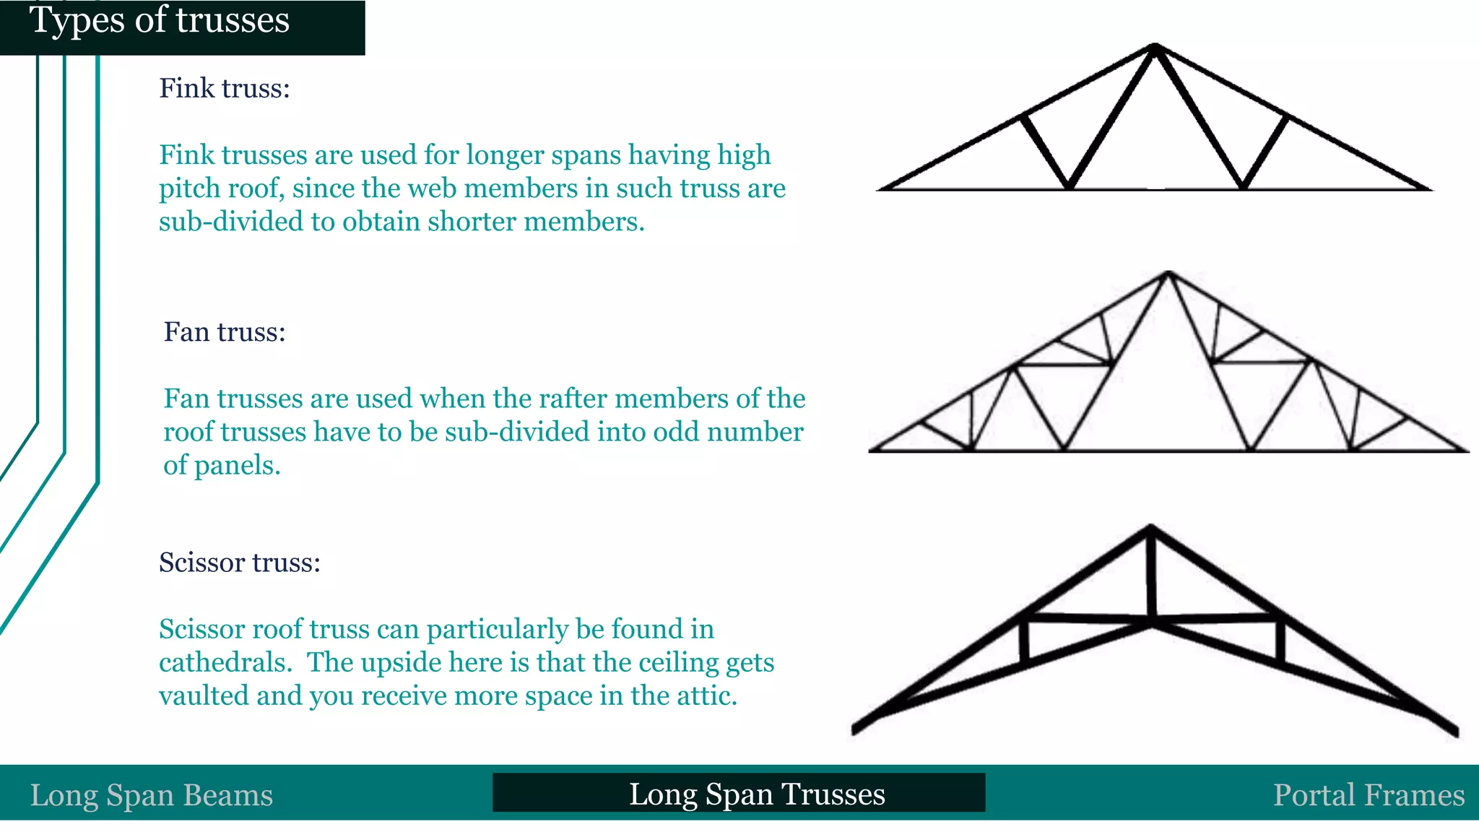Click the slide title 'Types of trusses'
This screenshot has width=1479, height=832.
[160, 20]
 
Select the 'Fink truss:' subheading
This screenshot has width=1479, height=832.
[224, 88]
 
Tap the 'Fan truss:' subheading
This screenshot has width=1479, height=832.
[225, 332]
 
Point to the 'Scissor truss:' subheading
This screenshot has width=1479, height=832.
[239, 563]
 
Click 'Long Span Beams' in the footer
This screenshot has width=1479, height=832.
[152, 795]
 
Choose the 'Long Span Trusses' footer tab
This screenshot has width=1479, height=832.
[756, 794]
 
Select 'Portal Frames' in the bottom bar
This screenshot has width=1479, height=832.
[1369, 795]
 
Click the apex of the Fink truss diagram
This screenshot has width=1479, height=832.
[1155, 48]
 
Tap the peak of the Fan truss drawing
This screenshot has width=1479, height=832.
[1168, 274]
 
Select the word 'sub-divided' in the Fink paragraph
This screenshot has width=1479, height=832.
[231, 222]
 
